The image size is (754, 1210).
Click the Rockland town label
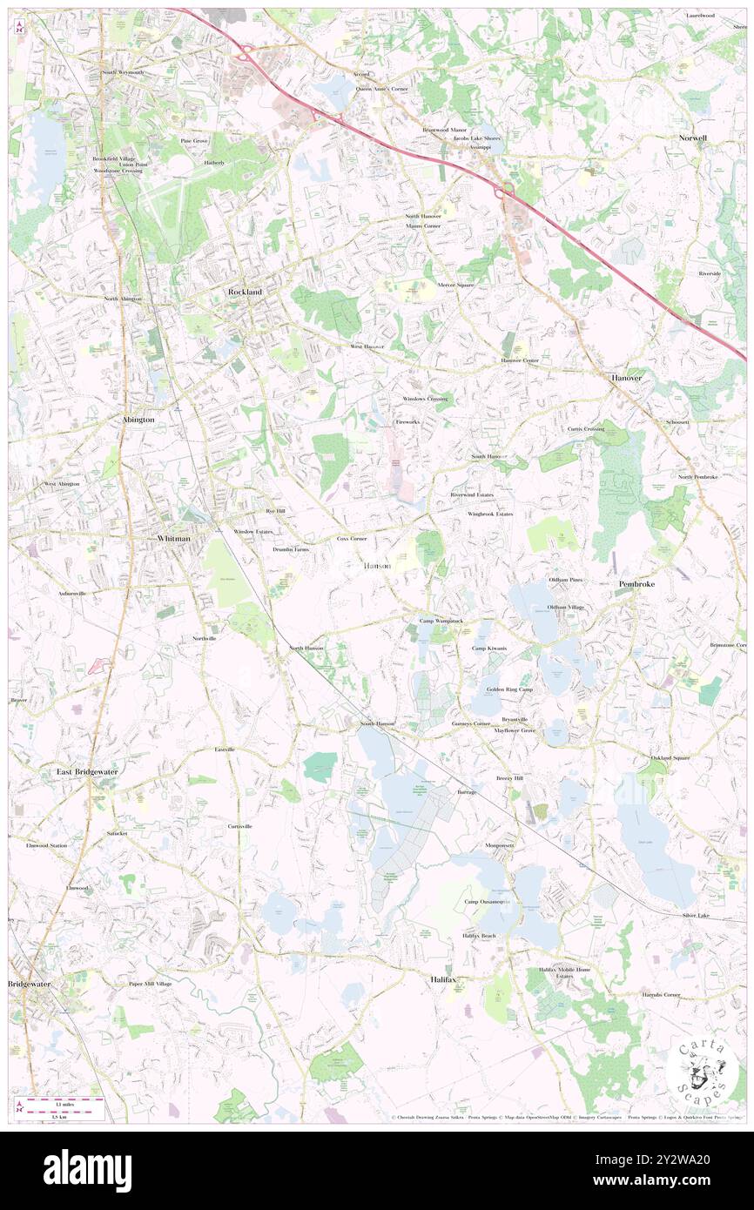(245, 292)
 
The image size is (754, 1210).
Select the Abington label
(137, 419)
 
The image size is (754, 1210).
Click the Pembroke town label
(636, 583)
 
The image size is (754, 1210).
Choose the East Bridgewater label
(87, 771)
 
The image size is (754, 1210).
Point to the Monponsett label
(501, 845)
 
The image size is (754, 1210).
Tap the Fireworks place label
(407, 421)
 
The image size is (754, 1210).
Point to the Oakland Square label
(670, 757)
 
